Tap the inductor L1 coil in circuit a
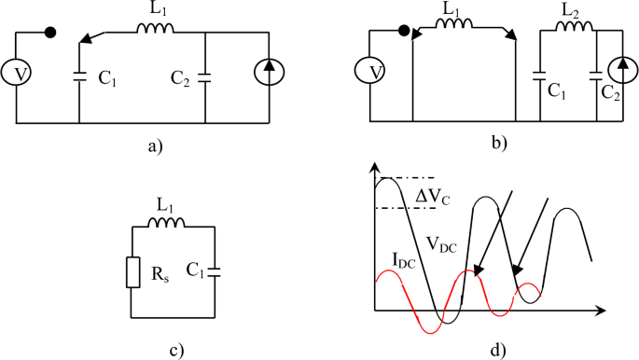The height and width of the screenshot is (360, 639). [x=152, y=30]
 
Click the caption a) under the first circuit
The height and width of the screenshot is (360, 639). [x=154, y=145]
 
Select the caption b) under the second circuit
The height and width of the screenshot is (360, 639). [x=501, y=143]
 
